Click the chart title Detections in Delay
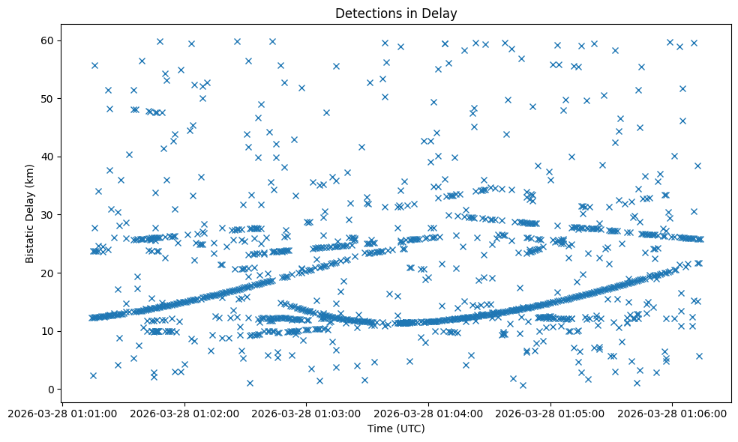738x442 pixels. [396, 13]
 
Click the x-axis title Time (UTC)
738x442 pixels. [396, 429]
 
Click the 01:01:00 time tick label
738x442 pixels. [62, 414]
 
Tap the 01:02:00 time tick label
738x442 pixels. [184, 414]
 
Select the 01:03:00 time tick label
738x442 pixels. [307, 414]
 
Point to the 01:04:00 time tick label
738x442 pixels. [429, 414]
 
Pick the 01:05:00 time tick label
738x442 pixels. [551, 414]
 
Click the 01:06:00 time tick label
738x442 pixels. [672, 414]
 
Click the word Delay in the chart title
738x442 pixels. [441, 13]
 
